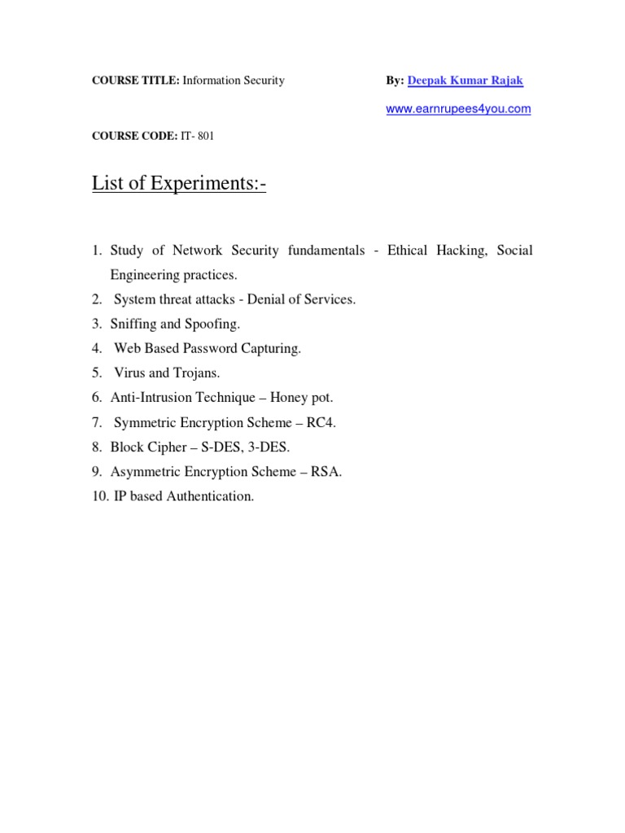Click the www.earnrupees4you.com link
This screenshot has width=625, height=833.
tap(458, 109)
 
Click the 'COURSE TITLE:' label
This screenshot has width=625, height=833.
tap(135, 81)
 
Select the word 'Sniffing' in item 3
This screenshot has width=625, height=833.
tap(133, 324)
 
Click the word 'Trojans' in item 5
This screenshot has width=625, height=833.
tap(196, 373)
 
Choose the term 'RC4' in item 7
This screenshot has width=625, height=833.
tap(320, 422)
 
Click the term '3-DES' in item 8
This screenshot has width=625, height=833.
tap(272, 447)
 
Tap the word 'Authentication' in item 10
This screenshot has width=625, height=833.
tap(210, 496)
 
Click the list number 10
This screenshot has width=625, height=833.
tap(98, 496)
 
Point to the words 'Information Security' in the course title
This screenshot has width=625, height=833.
tap(233, 81)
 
